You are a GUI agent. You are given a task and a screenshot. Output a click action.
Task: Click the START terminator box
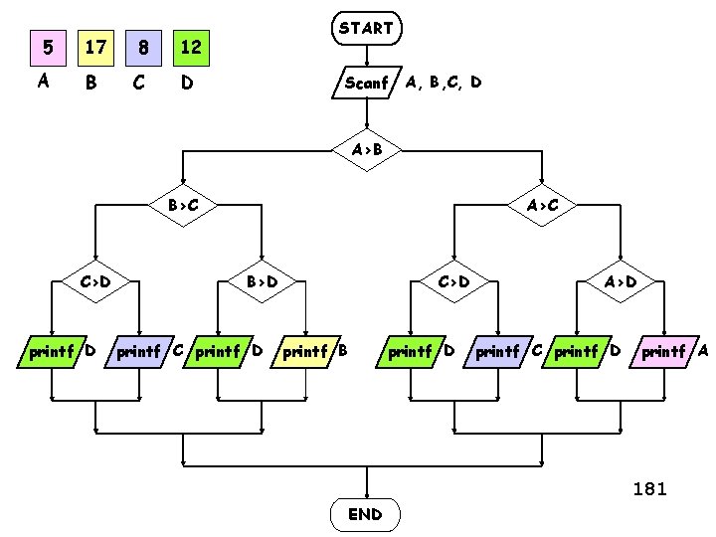[366, 29]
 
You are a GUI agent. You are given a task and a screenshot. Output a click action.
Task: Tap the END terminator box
[365, 514]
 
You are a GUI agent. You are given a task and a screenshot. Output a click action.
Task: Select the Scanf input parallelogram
[366, 83]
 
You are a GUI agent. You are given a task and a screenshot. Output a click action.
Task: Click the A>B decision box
[366, 150]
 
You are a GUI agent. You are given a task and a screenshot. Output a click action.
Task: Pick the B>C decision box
[182, 206]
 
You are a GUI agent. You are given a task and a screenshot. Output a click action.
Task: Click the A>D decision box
[621, 281]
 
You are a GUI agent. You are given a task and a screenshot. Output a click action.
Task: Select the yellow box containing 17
[95, 47]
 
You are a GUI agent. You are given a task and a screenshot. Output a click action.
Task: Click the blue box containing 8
[144, 47]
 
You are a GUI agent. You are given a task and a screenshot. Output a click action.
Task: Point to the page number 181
[649, 488]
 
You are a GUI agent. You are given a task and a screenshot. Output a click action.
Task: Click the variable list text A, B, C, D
[444, 83]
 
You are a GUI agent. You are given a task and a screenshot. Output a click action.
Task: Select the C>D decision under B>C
[95, 281]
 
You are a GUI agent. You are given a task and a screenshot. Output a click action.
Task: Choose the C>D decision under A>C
[453, 281]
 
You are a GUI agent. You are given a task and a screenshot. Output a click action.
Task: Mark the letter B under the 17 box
[90, 84]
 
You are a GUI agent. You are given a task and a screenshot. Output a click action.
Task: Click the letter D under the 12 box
[185, 84]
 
